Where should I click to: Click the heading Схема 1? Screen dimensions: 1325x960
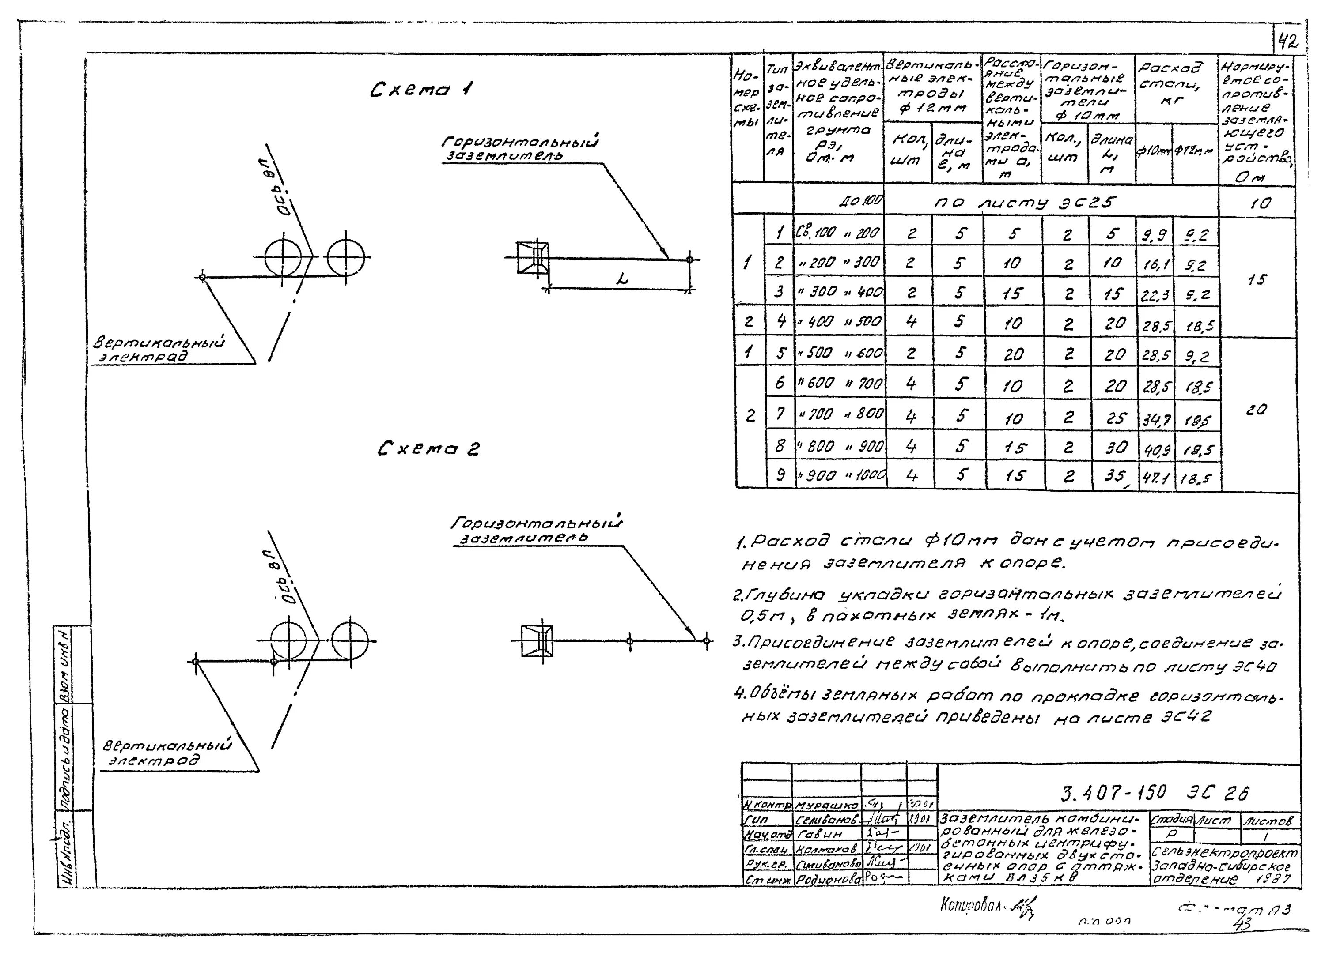click(421, 90)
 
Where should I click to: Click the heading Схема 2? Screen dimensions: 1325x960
click(428, 449)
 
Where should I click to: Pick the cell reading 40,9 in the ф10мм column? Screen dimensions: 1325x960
click(1155, 448)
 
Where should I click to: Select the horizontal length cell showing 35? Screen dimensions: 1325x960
click(1113, 477)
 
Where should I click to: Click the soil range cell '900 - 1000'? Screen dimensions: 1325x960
click(840, 476)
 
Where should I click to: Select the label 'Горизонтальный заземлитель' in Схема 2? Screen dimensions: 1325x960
click(536, 530)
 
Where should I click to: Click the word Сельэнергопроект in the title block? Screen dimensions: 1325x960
click(1224, 853)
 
